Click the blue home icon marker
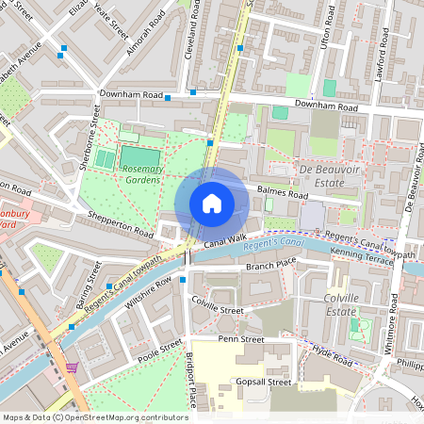point(212,203)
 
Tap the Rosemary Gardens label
point(142,174)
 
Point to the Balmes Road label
point(282,194)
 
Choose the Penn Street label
point(239,338)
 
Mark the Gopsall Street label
point(266,383)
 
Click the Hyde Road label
point(334,356)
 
